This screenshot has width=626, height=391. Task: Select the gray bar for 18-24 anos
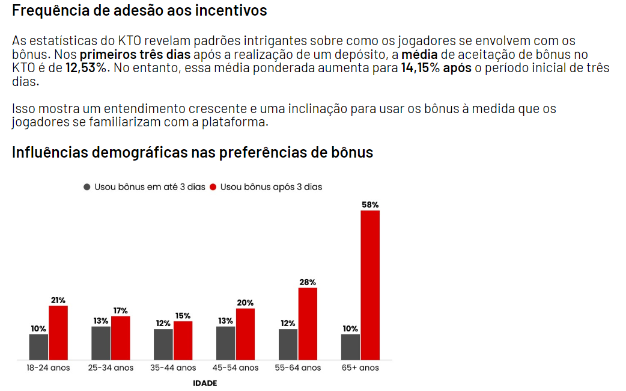(38, 346)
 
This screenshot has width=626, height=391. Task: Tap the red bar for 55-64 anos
(308, 324)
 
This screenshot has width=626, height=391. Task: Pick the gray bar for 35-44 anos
(163, 344)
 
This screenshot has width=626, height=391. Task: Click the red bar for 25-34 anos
(121, 337)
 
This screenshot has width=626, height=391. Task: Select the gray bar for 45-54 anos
(225, 343)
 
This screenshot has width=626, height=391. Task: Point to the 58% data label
(370, 205)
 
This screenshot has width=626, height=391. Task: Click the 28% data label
(308, 282)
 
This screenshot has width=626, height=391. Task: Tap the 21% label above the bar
(58, 300)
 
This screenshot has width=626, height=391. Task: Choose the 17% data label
(120, 310)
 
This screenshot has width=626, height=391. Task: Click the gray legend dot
(87, 187)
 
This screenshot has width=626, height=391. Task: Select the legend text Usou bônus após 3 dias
(271, 187)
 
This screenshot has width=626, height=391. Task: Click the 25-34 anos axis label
(111, 368)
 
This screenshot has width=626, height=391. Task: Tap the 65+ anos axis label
(360, 368)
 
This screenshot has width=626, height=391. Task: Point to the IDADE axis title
(205, 383)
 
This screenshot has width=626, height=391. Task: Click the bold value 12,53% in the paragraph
(87, 67)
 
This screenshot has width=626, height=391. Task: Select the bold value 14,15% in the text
(421, 67)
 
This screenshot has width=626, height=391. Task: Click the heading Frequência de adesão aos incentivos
(139, 10)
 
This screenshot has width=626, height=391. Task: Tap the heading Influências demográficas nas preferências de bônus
(192, 152)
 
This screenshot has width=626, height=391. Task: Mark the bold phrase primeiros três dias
(135, 54)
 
